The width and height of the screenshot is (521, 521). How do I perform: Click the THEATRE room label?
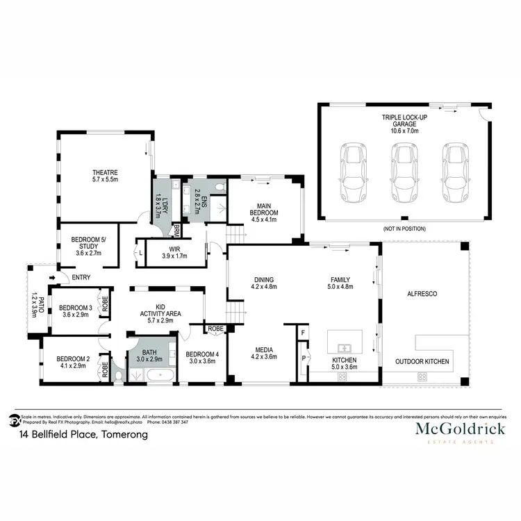[106, 172]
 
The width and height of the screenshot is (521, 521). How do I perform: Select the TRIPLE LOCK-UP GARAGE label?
[404, 119]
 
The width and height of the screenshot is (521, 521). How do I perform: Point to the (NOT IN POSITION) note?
[404, 229]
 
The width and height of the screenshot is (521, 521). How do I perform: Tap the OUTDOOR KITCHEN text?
[422, 361]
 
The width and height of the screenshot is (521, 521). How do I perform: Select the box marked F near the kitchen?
[303, 333]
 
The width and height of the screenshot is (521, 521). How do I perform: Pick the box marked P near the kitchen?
[303, 359]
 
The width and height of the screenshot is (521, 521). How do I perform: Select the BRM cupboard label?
[177, 231]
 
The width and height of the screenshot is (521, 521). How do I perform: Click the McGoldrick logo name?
[460, 429]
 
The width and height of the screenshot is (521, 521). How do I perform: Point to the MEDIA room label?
[263, 349]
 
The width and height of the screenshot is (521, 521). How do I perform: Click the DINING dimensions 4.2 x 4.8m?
[263, 286]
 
